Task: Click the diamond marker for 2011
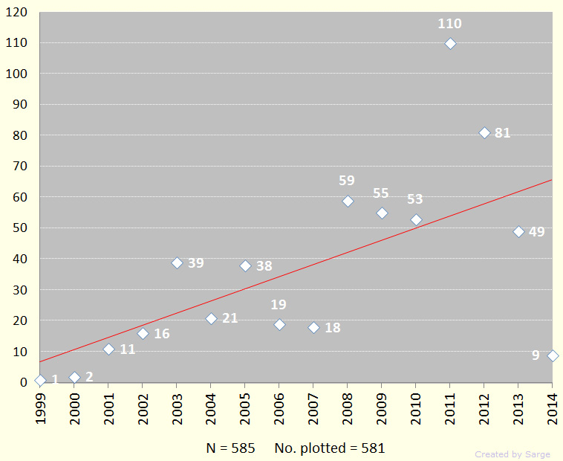[450, 44]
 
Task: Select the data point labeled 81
[484, 133]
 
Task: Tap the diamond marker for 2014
[553, 356]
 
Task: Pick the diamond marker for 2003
[177, 263]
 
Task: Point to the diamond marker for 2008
[348, 202]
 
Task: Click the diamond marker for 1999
[40, 381]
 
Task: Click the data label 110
[449, 24]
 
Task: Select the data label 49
[536, 232]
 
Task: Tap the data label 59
[347, 181]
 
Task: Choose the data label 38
[264, 266]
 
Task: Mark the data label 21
[230, 318]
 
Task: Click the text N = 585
[230, 448]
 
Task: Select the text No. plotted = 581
[330, 448]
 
